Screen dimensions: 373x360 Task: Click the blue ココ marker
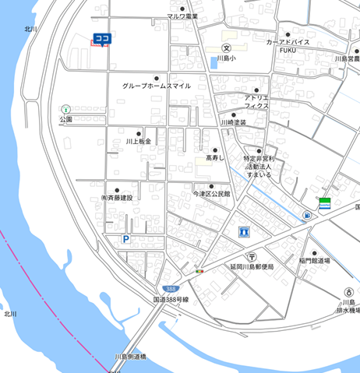pos(101,38)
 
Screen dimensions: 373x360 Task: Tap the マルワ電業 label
pos(182,16)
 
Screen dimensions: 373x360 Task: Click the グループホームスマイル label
pos(157,86)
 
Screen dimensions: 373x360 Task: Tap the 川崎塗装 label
pos(233,123)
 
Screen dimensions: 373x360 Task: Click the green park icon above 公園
pos(65,110)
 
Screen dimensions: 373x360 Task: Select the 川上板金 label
pos(139,142)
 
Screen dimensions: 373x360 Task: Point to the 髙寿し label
pos(214,158)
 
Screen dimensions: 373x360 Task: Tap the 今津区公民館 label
pos(211,193)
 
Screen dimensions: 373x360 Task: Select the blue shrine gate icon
pos(244,232)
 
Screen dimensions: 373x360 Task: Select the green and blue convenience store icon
pos(323,205)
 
